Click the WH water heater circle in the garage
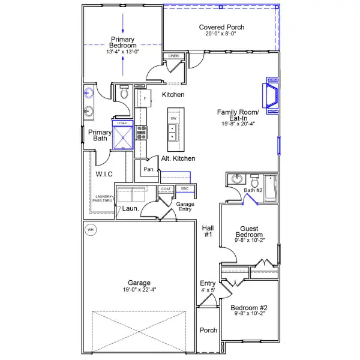click(91, 229)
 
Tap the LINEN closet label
click(173, 56)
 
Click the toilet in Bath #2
click(254, 181)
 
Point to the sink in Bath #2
click(235, 179)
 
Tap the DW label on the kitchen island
click(173, 119)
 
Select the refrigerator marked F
click(144, 98)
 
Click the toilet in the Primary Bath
click(124, 93)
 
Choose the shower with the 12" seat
click(123, 136)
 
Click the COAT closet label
click(166, 188)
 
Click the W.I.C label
click(104, 174)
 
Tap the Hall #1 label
click(208, 232)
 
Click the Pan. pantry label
click(149, 170)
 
